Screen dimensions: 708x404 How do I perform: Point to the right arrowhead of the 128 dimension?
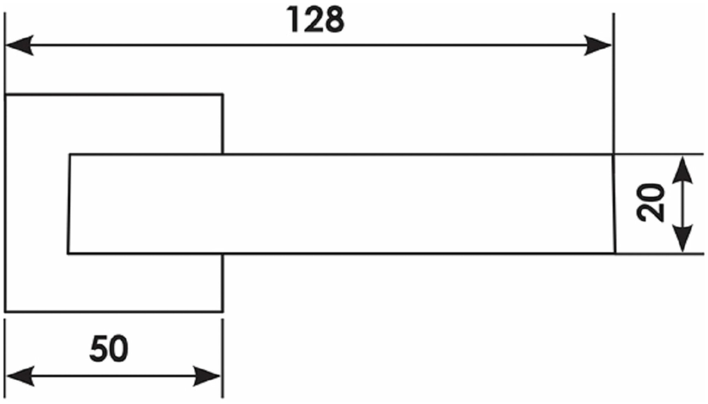click(598, 45)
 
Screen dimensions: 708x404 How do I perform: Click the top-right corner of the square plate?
click(223, 94)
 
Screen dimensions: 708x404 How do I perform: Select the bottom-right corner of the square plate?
click(223, 312)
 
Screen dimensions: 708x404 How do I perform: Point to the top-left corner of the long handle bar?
click(70, 155)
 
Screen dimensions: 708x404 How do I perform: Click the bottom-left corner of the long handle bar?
click(68, 253)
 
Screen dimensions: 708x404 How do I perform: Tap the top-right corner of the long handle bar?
click(613, 155)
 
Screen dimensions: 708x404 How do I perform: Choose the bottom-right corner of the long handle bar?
click(616, 253)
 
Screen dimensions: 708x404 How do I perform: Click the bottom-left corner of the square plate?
click(6, 312)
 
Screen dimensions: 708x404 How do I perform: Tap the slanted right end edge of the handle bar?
click(614, 204)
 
